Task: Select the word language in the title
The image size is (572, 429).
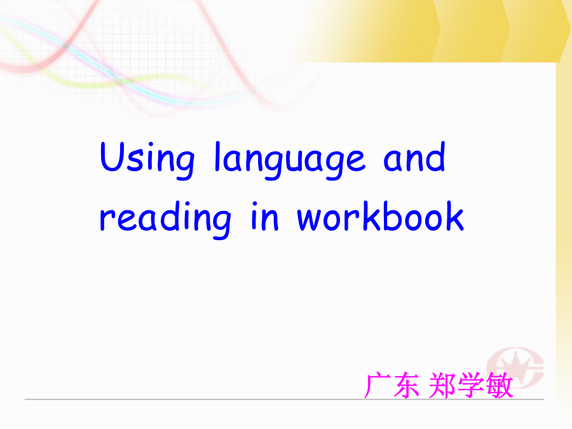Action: pyautogui.click(x=290, y=161)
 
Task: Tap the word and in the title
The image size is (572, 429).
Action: pyautogui.click(x=414, y=157)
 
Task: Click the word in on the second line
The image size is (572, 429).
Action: pyautogui.click(x=265, y=216)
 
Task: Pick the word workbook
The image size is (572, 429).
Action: pyautogui.click(x=381, y=216)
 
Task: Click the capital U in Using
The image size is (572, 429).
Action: pyautogui.click(x=112, y=157)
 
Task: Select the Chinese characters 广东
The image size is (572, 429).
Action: pyautogui.click(x=392, y=385)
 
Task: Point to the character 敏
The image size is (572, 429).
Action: pyautogui.click(x=500, y=385)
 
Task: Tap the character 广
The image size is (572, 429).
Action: pyautogui.click(x=378, y=385)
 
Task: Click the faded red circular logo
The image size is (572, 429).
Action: pyautogui.click(x=515, y=368)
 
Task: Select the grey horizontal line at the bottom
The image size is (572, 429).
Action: pyautogui.click(x=284, y=400)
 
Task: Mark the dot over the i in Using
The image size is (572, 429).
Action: pyautogui.click(x=150, y=145)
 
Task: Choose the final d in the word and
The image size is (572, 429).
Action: pyautogui.click(x=436, y=157)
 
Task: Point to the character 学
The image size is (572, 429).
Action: pyautogui.click(x=472, y=385)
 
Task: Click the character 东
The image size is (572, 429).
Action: pyautogui.click(x=406, y=385)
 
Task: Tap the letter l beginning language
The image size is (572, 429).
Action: pyautogui.click(x=217, y=156)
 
